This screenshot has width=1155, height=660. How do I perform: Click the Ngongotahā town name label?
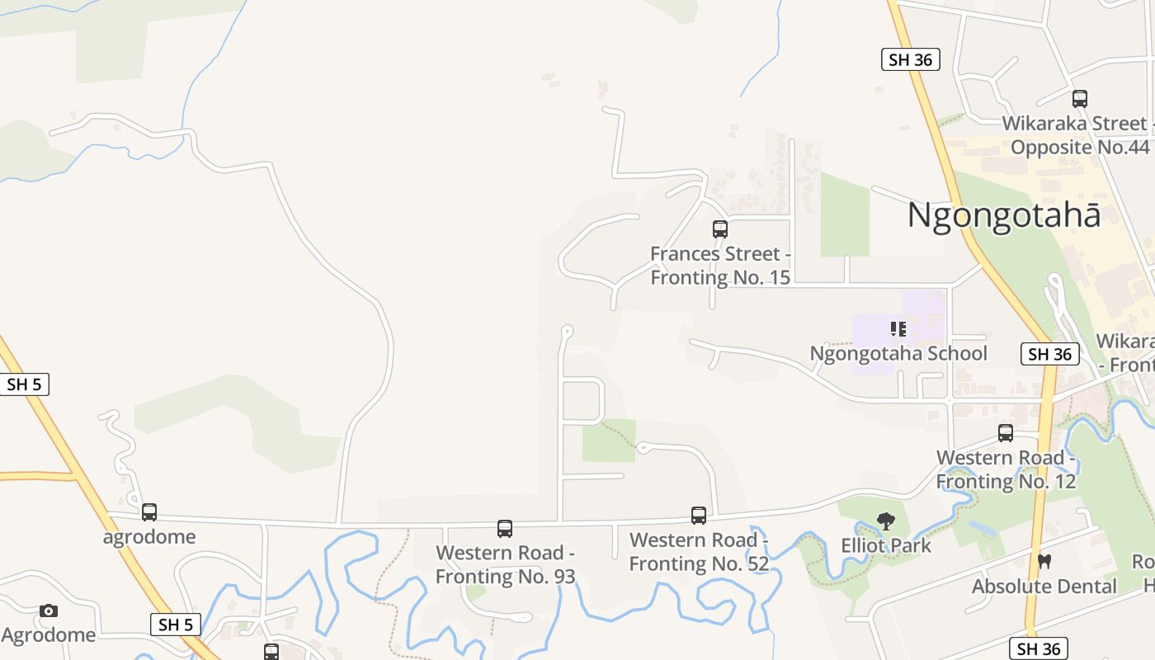pos(1003,215)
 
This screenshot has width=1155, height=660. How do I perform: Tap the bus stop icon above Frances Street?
pos(720,229)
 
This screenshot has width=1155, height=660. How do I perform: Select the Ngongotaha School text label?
pos(898,353)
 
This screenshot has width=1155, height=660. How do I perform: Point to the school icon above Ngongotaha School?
pos(898,329)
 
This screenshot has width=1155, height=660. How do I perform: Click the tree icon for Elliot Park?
pos(886,521)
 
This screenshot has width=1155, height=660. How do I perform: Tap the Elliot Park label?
pos(886,545)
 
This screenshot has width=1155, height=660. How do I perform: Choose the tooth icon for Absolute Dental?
pos(1044,562)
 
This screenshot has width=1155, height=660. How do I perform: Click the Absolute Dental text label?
pos(1044,587)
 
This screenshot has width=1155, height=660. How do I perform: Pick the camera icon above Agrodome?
pos(49,611)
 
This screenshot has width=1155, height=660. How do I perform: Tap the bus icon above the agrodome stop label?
pos(149,512)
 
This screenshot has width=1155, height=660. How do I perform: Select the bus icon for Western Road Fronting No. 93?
pos(505,529)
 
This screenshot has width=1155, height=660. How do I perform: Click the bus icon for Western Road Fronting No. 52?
pos(699,516)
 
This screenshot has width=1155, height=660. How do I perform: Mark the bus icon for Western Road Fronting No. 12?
pos(1006,433)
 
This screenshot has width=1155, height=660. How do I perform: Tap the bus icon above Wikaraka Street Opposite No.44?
pos(1080,99)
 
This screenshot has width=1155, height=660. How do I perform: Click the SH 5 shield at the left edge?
pos(24,384)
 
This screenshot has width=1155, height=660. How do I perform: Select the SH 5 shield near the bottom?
pos(176,625)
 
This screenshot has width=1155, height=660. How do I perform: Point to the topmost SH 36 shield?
pos(911,59)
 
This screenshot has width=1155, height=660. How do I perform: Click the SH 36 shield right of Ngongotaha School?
pos(1050,355)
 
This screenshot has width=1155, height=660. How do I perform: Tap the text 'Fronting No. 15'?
pos(720,277)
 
